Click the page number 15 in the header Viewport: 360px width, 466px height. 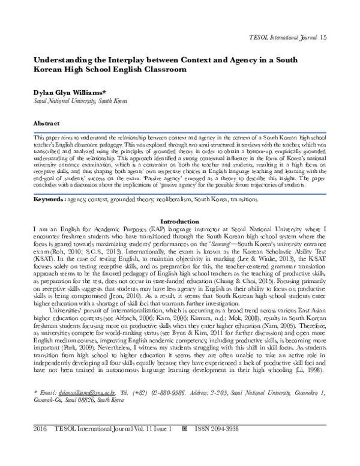tap(340, 38)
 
